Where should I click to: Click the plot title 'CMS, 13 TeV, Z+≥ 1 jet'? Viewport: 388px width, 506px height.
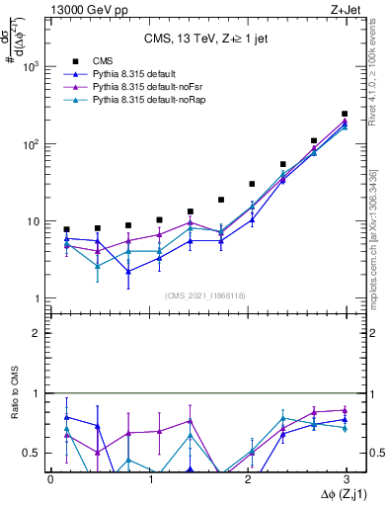pyautogui.click(x=196, y=40)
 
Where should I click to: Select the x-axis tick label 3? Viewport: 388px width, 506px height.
pyautogui.click(x=348, y=478)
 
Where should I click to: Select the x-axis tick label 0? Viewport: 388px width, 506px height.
pyautogui.click(x=50, y=478)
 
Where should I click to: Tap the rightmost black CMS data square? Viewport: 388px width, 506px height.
pyautogui.click(x=344, y=114)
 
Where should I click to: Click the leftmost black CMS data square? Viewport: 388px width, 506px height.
pyautogui.click(x=66, y=229)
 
